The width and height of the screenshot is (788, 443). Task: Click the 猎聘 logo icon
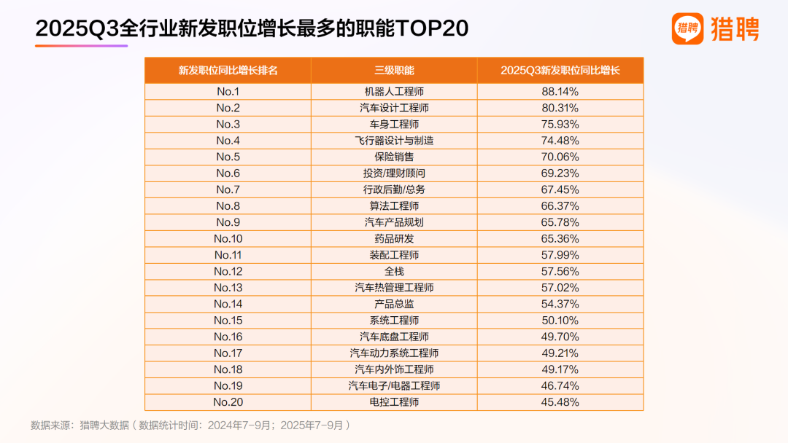[x=687, y=29]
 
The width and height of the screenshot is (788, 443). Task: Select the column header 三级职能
[x=394, y=71]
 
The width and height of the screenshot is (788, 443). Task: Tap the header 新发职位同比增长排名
[x=228, y=71]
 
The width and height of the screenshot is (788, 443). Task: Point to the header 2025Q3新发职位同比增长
[x=560, y=71]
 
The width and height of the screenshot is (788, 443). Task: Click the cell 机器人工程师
[x=394, y=92]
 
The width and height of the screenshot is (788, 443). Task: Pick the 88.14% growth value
[x=560, y=92]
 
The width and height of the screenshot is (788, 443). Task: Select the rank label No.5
[x=228, y=157]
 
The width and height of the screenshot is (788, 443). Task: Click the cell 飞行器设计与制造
[x=394, y=141]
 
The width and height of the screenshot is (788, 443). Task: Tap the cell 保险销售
[x=394, y=157]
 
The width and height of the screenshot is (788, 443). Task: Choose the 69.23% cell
[x=560, y=173]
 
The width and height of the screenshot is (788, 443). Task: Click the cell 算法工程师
[x=394, y=206]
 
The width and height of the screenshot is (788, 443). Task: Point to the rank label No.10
[x=228, y=239]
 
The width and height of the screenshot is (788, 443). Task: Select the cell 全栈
[x=394, y=271]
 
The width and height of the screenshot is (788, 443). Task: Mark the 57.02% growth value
[x=560, y=288]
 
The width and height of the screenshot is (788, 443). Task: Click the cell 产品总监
[x=394, y=304]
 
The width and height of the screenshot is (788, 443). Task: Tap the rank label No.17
[x=228, y=353]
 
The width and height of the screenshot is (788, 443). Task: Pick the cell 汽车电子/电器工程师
[x=394, y=385]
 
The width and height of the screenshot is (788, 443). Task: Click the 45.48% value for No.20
[x=560, y=402]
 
